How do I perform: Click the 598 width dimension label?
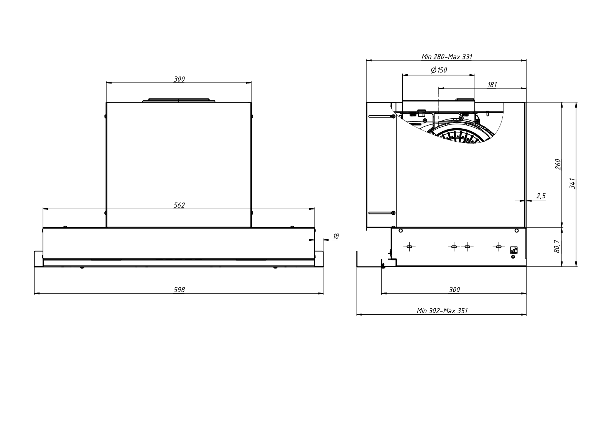[x=179, y=289]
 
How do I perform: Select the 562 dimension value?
[x=179, y=205]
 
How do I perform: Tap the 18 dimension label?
[x=336, y=236]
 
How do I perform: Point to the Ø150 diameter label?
[x=439, y=70]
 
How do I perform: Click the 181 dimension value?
[x=492, y=85]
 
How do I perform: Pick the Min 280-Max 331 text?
[x=447, y=56]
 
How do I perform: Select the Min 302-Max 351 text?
[x=442, y=311]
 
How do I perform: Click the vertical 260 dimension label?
[x=558, y=164]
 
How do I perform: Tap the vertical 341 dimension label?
[x=572, y=183]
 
